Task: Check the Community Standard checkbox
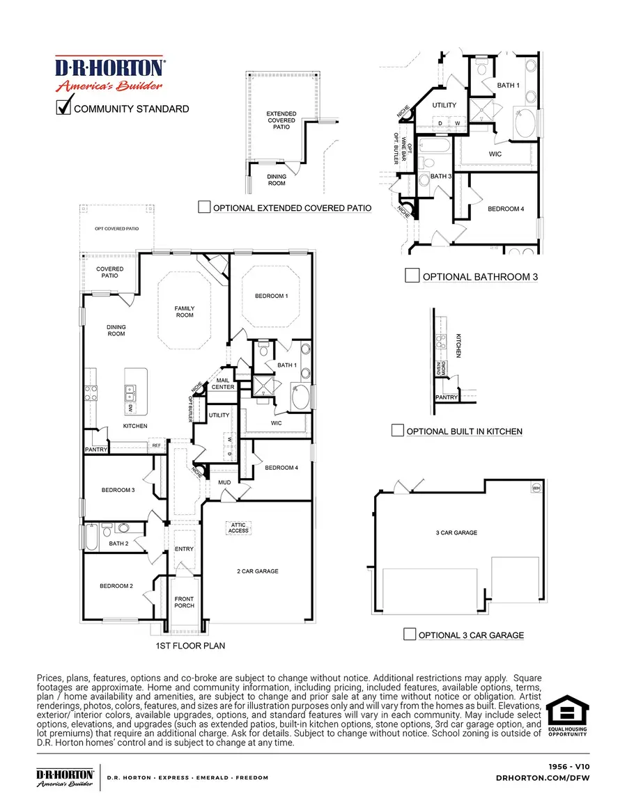64,107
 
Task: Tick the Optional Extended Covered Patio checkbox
204,207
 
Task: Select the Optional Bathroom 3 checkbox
412,276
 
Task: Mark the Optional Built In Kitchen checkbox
397,431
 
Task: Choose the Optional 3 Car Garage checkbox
410,634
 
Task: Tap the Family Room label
185,312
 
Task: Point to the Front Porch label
185,602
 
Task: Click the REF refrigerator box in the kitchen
156,445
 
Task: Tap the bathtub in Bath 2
91,538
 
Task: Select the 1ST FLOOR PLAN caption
189,646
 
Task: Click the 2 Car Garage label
257,571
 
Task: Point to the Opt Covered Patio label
116,228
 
